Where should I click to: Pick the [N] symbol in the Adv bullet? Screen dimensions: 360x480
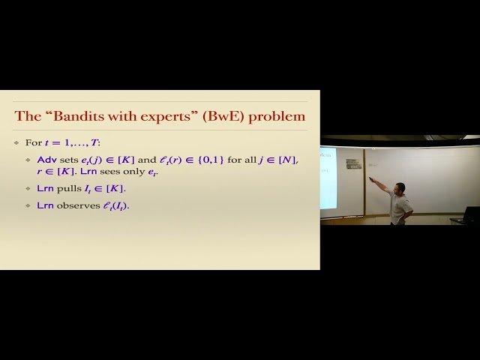pos(287,160)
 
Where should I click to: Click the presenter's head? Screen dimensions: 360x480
pos(400,187)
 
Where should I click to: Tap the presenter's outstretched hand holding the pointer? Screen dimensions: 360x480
pos(373,179)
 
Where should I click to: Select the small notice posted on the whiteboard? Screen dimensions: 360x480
pos(353,163)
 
